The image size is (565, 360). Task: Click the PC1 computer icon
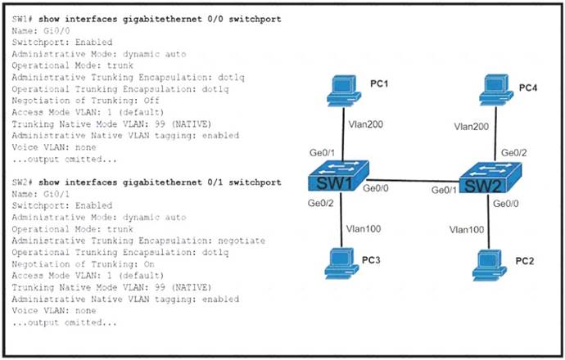point(344,90)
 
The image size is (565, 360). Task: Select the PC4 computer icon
point(496,90)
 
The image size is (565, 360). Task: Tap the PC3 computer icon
point(341,263)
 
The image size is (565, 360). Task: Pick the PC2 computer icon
point(489,264)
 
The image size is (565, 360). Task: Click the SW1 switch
point(338,176)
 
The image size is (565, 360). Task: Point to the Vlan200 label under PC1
point(365,124)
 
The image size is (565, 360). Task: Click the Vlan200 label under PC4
point(472,126)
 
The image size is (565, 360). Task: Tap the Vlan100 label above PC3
point(364,229)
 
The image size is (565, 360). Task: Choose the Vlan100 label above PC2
point(467,230)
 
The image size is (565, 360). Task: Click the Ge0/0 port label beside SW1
point(376,188)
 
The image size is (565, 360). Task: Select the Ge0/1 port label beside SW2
point(444,190)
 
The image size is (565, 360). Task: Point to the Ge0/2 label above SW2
point(514,153)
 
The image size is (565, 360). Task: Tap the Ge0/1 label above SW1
point(322,153)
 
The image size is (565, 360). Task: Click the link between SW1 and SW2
point(414,181)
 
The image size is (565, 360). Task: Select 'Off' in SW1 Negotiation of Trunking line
point(151,100)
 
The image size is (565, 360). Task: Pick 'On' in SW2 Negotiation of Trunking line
point(149,264)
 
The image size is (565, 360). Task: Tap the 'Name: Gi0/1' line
point(41,194)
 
